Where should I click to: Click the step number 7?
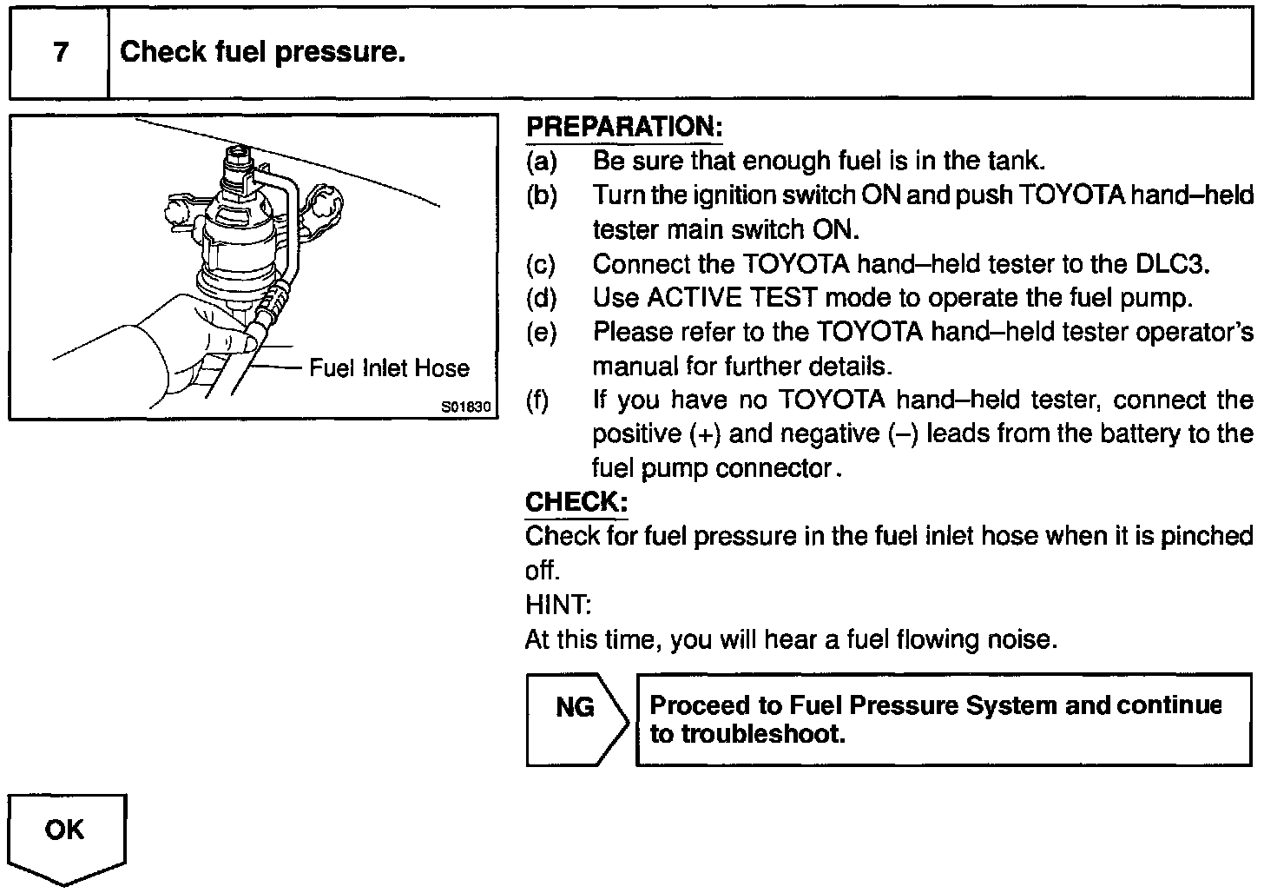60,52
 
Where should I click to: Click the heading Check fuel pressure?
262,52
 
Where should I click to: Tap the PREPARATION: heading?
623,127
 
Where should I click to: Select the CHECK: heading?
576,502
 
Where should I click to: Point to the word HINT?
557,605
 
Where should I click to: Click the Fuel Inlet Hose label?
389,368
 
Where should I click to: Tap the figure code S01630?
466,407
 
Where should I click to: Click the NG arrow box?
576,719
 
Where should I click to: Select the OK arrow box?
67,837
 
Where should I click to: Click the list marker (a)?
541,161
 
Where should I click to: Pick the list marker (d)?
541,298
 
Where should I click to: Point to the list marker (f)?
538,400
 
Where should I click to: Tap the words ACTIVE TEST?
732,298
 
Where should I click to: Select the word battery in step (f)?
1092,433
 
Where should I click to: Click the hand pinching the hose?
187,347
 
